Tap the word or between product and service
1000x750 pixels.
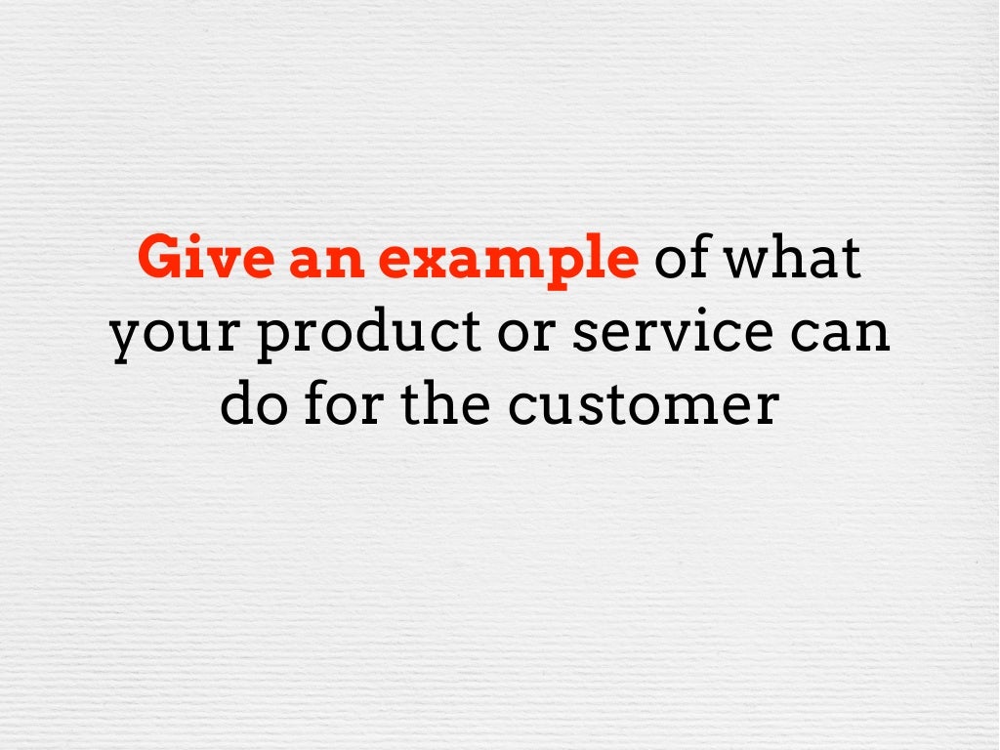click(502, 334)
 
